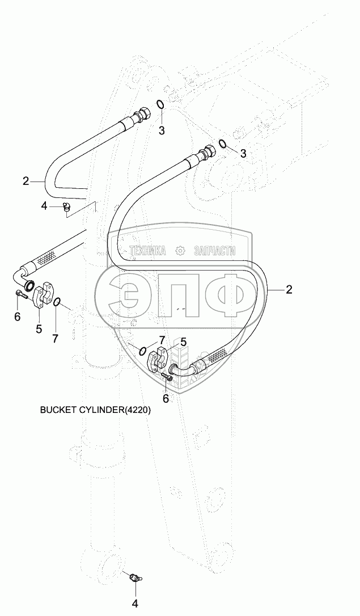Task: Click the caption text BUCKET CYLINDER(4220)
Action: (95, 410)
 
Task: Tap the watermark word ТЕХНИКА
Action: (147, 251)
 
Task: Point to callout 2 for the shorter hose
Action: (26, 181)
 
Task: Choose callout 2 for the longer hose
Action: (289, 290)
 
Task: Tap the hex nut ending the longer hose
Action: (208, 151)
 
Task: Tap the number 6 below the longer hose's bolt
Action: (166, 398)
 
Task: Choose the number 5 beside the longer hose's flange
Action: (183, 341)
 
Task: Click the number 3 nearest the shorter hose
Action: (162, 131)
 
